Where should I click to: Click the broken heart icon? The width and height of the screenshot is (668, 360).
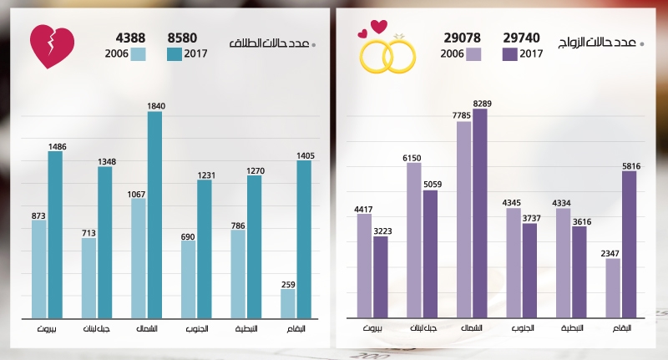[x=53, y=47]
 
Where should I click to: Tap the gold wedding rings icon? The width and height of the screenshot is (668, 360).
[x=387, y=53]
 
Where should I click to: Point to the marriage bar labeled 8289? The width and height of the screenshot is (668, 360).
[x=480, y=214]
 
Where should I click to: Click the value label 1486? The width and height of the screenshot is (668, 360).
[x=55, y=145]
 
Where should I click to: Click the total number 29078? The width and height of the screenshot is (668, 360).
[x=463, y=38]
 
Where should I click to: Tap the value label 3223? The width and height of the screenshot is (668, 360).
[x=381, y=231]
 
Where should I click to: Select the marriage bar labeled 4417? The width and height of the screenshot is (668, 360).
[x=364, y=266]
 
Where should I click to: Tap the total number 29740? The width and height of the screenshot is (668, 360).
[x=521, y=38]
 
